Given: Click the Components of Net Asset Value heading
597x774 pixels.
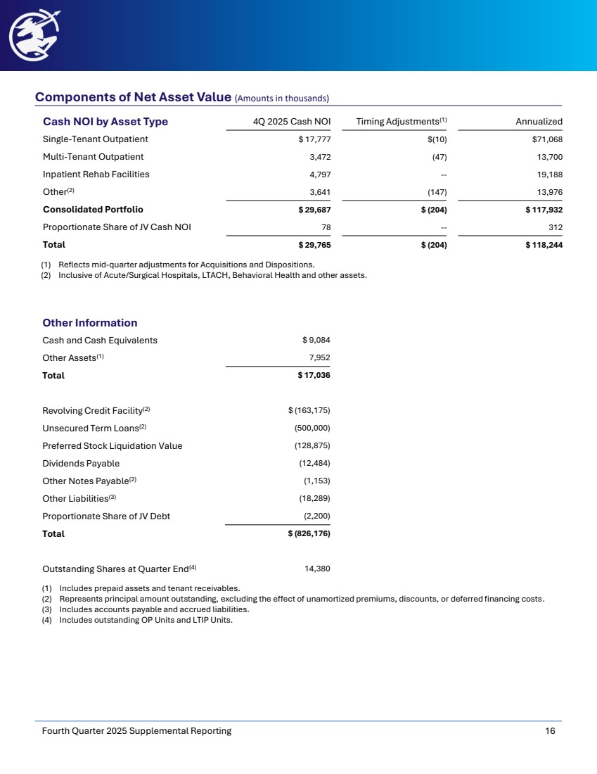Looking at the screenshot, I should click(133, 97).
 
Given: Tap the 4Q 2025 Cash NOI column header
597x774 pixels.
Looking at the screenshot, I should click(292, 122).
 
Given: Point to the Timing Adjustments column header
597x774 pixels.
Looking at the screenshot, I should click(402, 122).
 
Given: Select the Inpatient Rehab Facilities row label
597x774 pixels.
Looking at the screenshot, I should click(96, 175).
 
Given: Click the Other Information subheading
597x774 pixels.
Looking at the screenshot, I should click(89, 323).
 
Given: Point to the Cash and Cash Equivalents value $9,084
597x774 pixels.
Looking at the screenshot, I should click(316, 341).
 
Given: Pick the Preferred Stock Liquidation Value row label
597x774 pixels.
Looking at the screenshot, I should click(112, 446).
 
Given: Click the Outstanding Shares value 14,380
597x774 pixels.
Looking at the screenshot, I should click(317, 569).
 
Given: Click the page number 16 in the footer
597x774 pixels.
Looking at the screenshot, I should click(550, 731).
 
